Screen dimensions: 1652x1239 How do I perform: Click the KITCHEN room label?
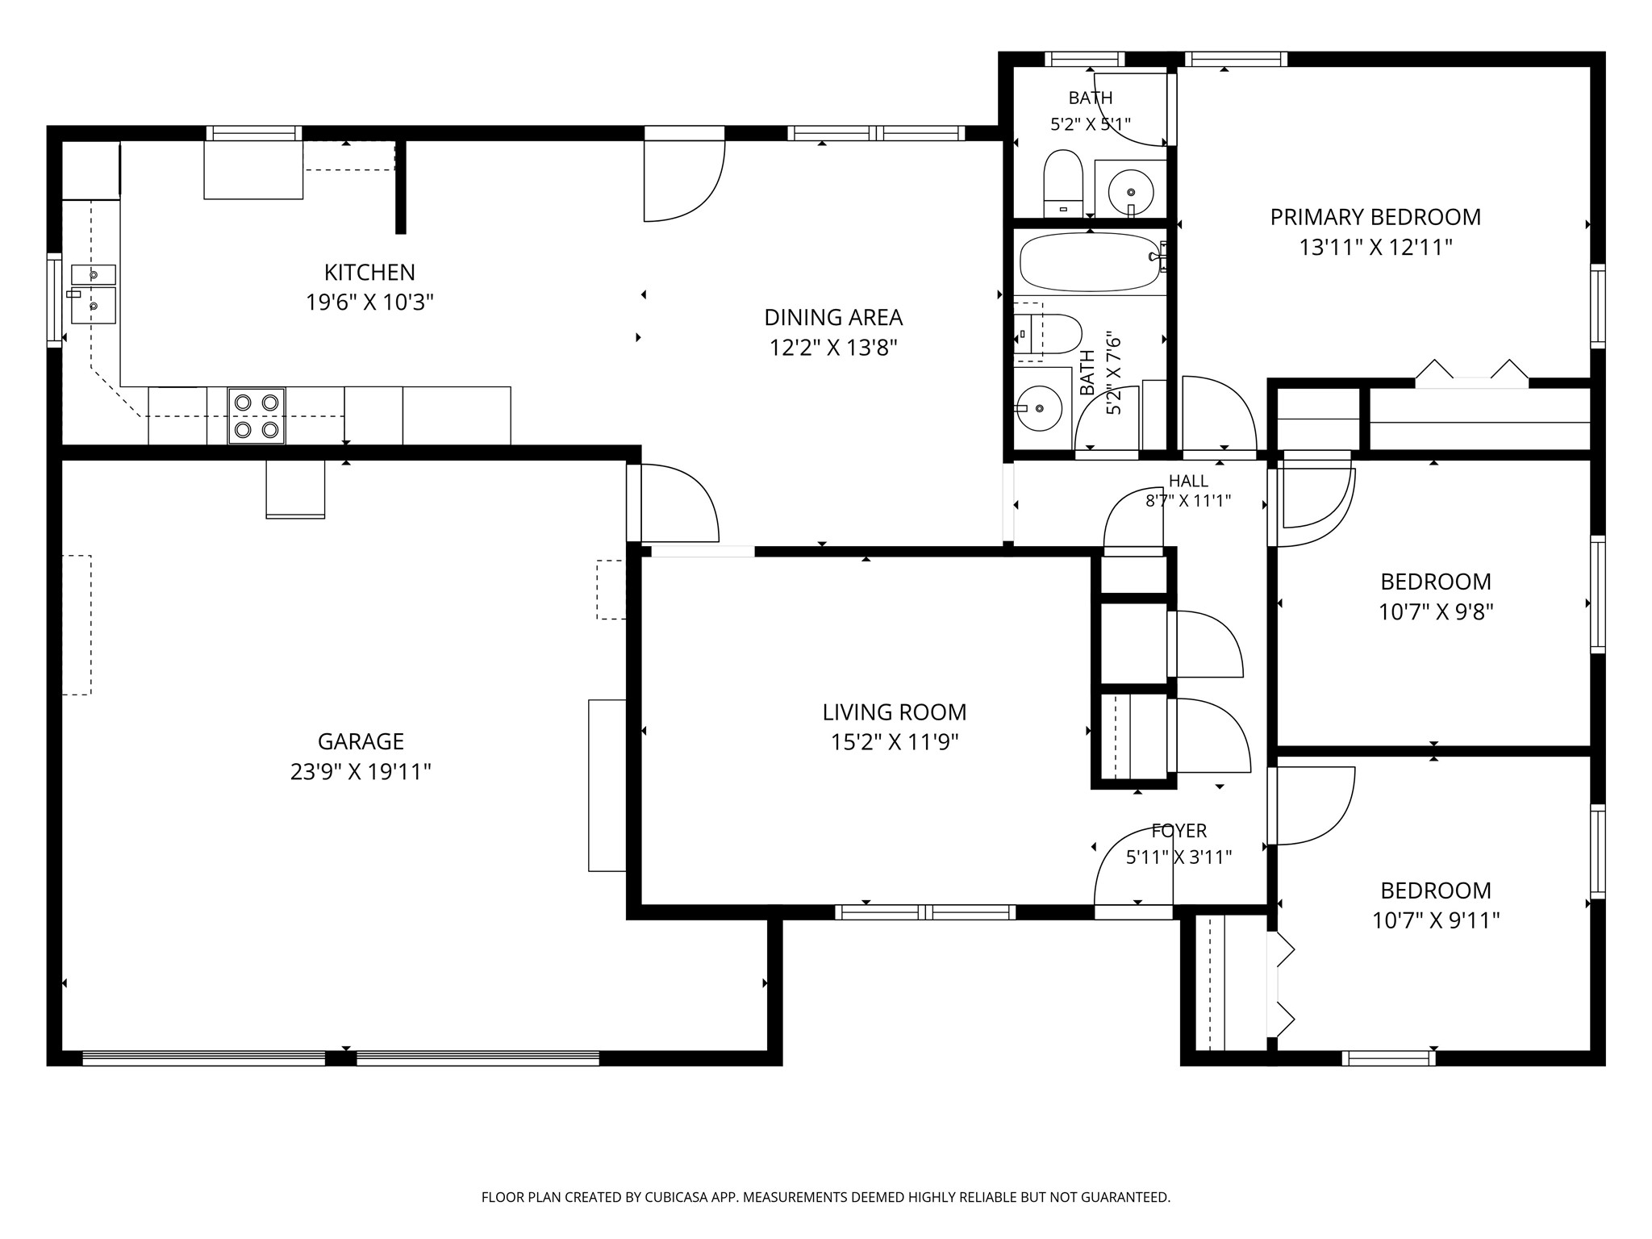369,273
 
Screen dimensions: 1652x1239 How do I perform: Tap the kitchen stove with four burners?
257,416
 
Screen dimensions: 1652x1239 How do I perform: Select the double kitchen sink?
94,294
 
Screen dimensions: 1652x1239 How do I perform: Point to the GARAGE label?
361,741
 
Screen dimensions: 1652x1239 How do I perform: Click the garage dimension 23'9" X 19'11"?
361,772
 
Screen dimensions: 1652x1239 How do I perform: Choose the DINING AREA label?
833,318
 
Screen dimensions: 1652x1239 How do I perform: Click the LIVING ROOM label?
895,712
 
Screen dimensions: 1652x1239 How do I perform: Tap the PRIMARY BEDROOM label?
1375,217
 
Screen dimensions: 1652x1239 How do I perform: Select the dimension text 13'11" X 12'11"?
1375,248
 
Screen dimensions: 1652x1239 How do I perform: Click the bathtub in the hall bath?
1090,263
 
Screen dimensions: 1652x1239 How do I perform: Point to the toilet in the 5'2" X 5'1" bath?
1063,184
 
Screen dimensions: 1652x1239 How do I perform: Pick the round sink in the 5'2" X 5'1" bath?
1131,192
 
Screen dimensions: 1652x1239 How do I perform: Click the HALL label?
1188,482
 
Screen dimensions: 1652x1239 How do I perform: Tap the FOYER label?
1179,831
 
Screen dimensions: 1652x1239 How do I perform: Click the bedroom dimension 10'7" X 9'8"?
1436,612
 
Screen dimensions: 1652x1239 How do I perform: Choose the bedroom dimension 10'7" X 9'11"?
1436,920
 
